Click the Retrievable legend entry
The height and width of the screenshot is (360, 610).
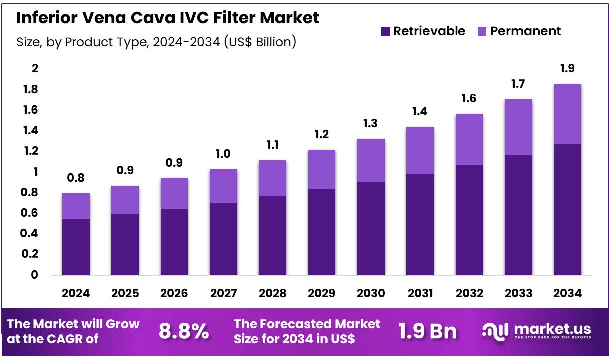point(423,31)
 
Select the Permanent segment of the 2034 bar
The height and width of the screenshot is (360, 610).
point(567,114)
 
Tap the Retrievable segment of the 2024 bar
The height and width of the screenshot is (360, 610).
point(76,247)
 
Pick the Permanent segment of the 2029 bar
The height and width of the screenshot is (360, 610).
point(321,169)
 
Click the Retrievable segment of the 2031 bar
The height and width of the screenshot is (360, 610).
point(420,224)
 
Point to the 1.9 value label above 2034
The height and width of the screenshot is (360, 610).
point(567,69)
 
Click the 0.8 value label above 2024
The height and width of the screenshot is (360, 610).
point(76,178)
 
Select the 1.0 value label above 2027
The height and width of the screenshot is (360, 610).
point(223,154)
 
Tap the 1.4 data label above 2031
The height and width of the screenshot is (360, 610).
point(420,112)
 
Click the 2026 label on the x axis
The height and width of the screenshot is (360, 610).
point(174,293)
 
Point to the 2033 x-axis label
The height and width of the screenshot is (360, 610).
point(518,293)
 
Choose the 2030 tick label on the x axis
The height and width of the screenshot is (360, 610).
point(370,293)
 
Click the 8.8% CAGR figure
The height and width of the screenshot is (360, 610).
point(184,331)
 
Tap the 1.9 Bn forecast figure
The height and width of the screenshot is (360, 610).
point(427,331)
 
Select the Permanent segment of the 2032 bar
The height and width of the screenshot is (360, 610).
point(469,139)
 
